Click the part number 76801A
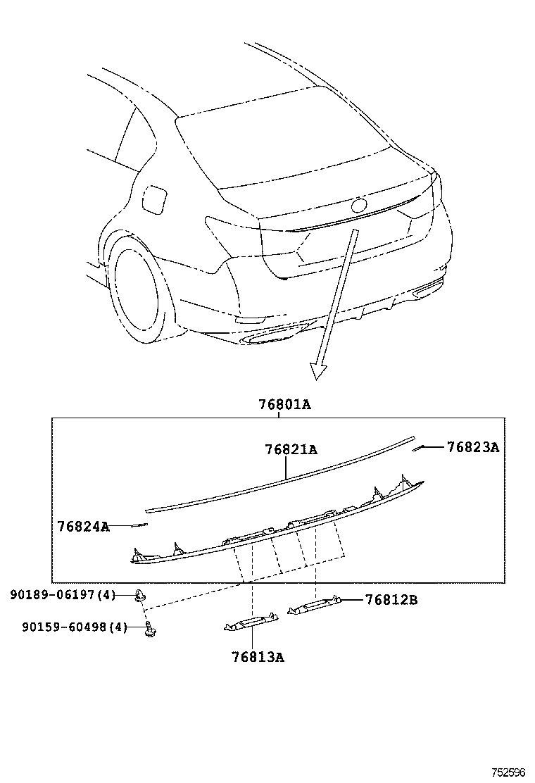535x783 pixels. (284, 405)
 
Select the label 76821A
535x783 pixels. (291, 449)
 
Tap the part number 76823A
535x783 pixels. (472, 447)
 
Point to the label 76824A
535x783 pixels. (83, 526)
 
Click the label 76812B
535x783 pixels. (391, 600)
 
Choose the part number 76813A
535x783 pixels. (258, 657)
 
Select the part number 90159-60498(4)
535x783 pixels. (68, 627)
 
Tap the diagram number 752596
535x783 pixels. (509, 772)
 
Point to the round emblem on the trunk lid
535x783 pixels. (359, 206)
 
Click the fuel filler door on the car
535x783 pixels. (153, 199)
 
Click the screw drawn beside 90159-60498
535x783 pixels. (149, 629)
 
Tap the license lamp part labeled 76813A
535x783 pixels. (251, 621)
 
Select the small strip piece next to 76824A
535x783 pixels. (136, 525)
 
